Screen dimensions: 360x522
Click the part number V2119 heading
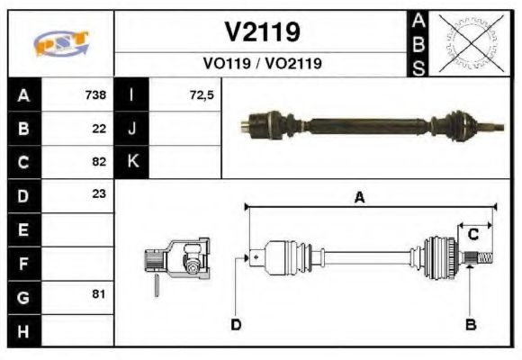click(x=262, y=32)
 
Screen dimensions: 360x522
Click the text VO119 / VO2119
click(x=262, y=64)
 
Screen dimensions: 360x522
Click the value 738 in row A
click(x=94, y=94)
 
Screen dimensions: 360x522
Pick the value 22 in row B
click(x=99, y=128)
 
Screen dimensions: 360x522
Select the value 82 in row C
click(x=99, y=162)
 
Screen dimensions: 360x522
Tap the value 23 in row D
click(x=99, y=194)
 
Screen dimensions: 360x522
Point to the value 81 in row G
click(x=99, y=294)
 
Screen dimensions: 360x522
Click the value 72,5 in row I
click(x=202, y=94)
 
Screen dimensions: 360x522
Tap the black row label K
click(x=132, y=162)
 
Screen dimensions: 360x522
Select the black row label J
click(x=132, y=128)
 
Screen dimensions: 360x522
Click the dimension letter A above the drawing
click(x=359, y=199)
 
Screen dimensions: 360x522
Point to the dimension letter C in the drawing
click(x=472, y=235)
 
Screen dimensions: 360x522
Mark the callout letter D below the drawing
click(x=236, y=325)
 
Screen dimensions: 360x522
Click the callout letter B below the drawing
click(x=469, y=324)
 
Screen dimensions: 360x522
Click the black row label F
click(x=22, y=262)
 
